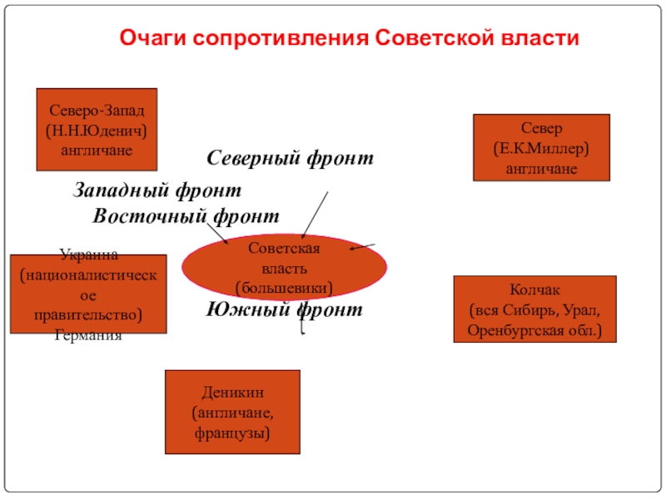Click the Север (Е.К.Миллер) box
point(541,147)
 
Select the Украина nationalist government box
point(87,294)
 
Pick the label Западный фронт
point(157,190)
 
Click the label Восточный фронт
point(186,216)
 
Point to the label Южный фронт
point(285,311)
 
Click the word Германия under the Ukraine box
point(87,335)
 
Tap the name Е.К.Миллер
point(541,148)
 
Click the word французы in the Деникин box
point(232,433)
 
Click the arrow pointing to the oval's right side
point(366,246)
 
